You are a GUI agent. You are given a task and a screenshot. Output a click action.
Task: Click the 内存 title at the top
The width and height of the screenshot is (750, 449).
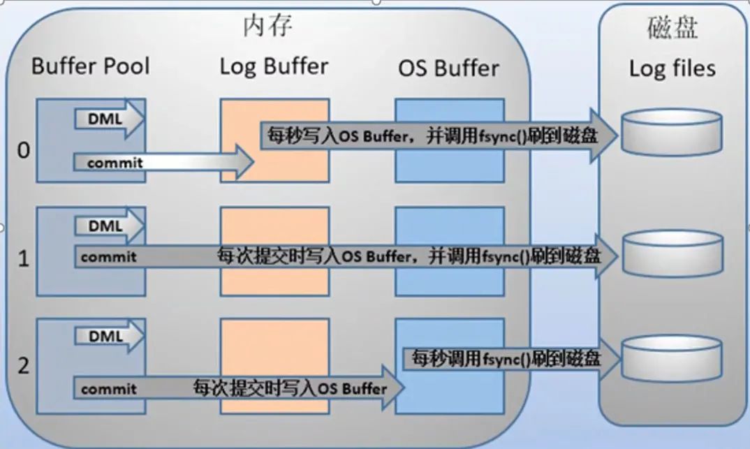pyautogui.click(x=267, y=26)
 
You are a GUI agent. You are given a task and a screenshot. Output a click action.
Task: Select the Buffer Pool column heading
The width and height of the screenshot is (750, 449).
pyautogui.click(x=91, y=66)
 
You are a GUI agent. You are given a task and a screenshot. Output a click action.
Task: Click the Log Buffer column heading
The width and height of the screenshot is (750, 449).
pyautogui.click(x=273, y=66)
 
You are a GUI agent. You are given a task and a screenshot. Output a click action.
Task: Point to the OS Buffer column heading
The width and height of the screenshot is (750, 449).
pyautogui.click(x=448, y=68)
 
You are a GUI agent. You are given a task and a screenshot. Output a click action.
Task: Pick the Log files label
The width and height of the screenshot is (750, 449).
pyautogui.click(x=672, y=68)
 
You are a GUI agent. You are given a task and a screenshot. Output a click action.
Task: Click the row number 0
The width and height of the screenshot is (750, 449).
pyautogui.click(x=24, y=151)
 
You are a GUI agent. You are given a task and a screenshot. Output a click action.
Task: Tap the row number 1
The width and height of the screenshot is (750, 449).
pyautogui.click(x=24, y=259)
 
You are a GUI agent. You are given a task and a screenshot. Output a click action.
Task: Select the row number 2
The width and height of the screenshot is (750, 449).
pyautogui.click(x=24, y=366)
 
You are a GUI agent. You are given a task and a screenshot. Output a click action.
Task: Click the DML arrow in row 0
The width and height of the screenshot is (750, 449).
pyautogui.click(x=107, y=119)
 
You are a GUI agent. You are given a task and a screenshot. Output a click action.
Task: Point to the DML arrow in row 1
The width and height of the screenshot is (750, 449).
pyautogui.click(x=107, y=226)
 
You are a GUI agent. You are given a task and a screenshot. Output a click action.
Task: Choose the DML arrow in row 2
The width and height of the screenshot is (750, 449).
pyautogui.click(x=107, y=336)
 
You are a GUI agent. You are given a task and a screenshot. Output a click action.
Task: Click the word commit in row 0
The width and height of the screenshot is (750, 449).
pyautogui.click(x=115, y=163)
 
